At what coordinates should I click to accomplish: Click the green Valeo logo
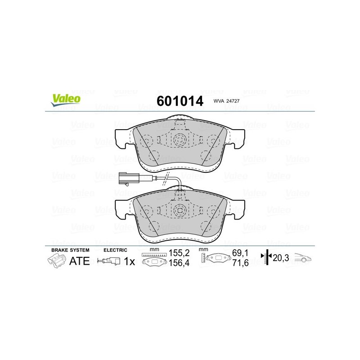[x=66, y=100]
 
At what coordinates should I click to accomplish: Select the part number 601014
[x=180, y=101]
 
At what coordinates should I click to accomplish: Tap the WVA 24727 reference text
[x=226, y=101]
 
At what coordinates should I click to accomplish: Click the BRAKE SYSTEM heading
[x=70, y=250]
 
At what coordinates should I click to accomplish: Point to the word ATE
[x=80, y=261]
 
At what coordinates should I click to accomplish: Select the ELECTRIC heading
[x=115, y=250]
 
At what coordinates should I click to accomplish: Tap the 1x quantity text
[x=130, y=261]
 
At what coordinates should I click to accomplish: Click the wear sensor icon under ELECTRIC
[x=108, y=261]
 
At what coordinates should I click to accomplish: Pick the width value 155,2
[x=179, y=253]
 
